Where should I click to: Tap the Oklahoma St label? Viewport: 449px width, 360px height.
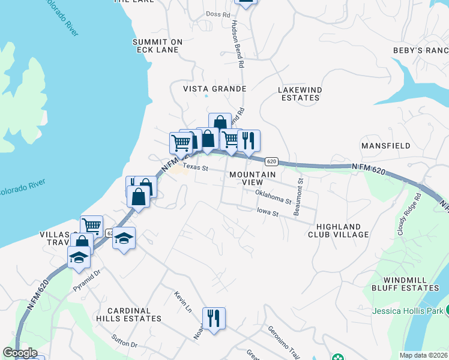coord(273,196)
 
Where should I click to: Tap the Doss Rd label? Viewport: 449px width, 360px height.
coord(218,14)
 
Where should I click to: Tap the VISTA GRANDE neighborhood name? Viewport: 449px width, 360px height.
coord(215,89)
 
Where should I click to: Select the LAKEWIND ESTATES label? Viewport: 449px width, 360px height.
coord(299,94)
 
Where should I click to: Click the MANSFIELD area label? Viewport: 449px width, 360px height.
coord(385,146)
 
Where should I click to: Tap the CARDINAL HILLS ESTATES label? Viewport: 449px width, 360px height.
coord(133,314)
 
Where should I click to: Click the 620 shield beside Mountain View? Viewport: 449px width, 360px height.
coord(271,161)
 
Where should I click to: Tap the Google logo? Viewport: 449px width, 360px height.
coord(20,353)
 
